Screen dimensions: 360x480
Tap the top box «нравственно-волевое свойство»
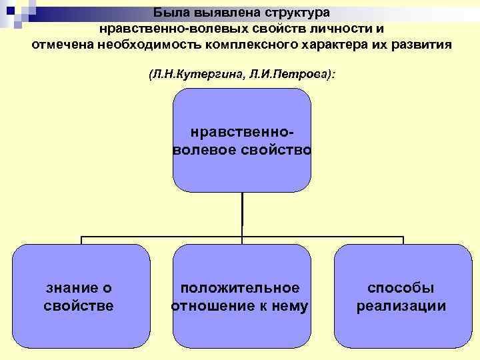click(x=242, y=140)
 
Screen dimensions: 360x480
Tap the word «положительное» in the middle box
click(x=241, y=288)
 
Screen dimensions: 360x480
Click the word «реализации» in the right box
click(x=401, y=306)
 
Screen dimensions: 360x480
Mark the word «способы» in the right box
click(x=401, y=288)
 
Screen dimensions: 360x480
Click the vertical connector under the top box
click(x=242, y=214)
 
